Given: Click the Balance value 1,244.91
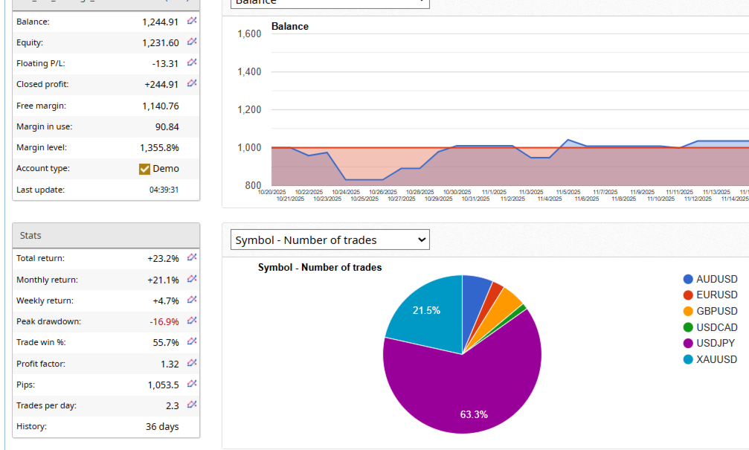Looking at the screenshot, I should [160, 22].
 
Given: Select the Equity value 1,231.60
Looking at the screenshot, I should [160, 43].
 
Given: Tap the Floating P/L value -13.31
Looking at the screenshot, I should [164, 64].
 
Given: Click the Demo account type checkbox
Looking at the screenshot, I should [145, 169].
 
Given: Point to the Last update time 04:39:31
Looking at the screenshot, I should [164, 190].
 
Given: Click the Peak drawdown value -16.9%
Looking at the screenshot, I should [164, 322].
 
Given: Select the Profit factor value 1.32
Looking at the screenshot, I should [170, 364].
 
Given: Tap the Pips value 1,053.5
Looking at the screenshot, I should [163, 385].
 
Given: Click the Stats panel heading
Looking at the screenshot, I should [31, 236].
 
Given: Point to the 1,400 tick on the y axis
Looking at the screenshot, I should [249, 72].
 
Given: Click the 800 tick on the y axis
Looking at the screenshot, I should [253, 185].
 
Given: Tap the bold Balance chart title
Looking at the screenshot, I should [290, 27].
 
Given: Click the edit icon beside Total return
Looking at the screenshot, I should [192, 258].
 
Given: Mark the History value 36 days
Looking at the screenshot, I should [162, 427].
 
